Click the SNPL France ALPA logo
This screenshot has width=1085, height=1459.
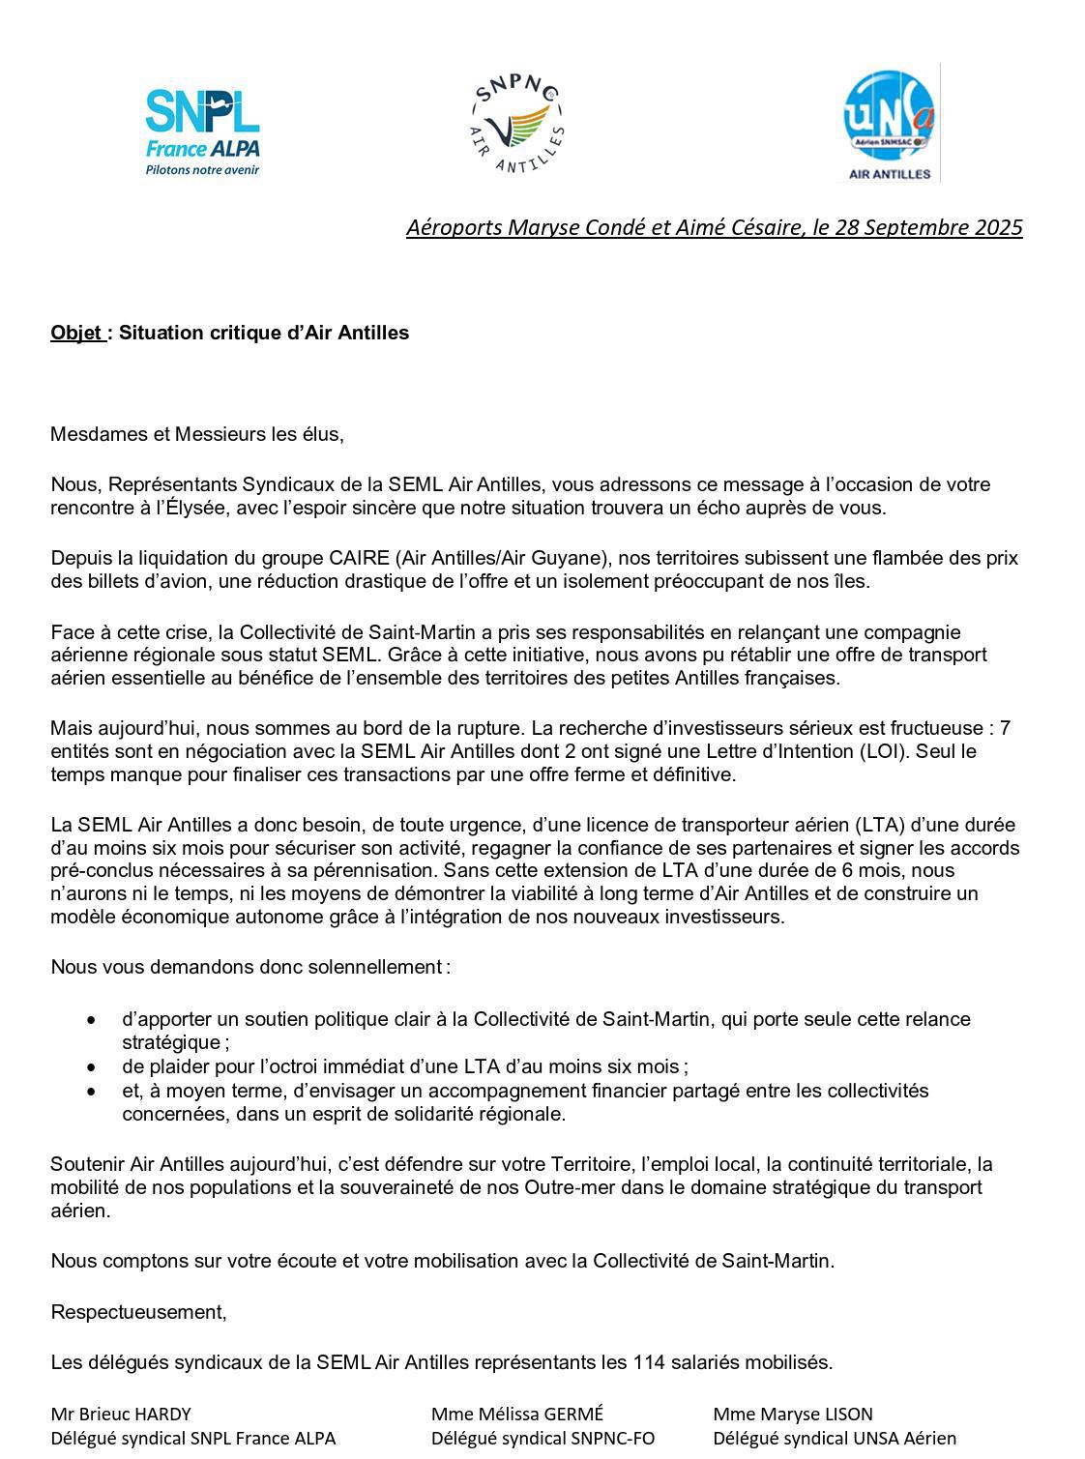(202, 131)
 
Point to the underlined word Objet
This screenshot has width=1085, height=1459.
(76, 334)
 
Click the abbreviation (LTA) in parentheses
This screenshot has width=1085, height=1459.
(878, 826)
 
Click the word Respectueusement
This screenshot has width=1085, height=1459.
(138, 1313)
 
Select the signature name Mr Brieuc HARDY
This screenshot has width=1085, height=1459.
(121, 1415)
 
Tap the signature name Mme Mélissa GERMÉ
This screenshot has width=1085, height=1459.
(517, 1415)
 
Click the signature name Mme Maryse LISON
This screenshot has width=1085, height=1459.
(792, 1415)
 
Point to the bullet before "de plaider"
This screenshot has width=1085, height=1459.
(91, 1068)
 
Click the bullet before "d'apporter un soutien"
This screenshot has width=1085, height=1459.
(91, 1020)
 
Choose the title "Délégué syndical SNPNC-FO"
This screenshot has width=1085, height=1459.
(542, 1439)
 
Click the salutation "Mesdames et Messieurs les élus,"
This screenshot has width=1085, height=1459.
(197, 434)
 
